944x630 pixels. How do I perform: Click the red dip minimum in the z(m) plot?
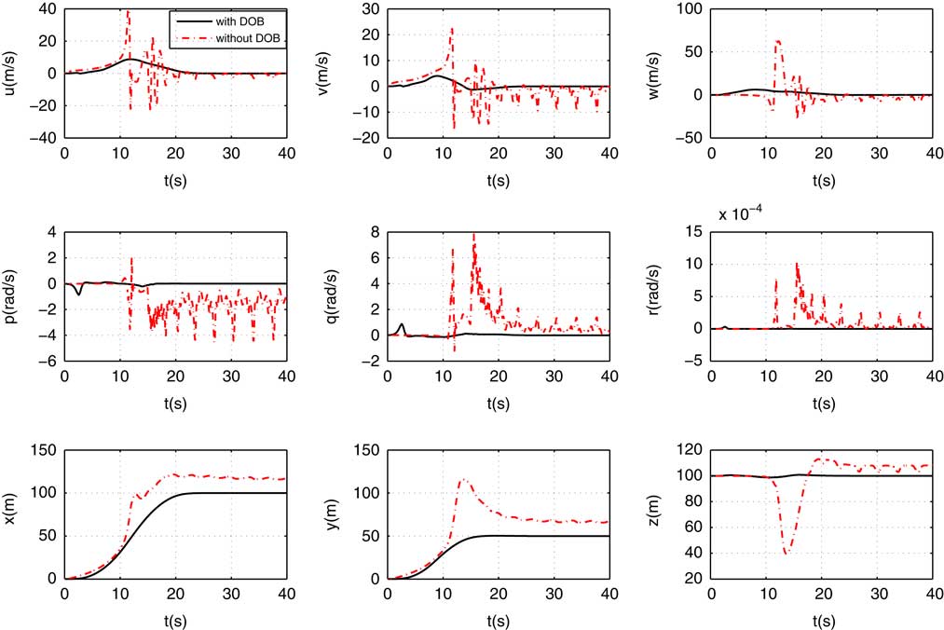pos(786,554)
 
